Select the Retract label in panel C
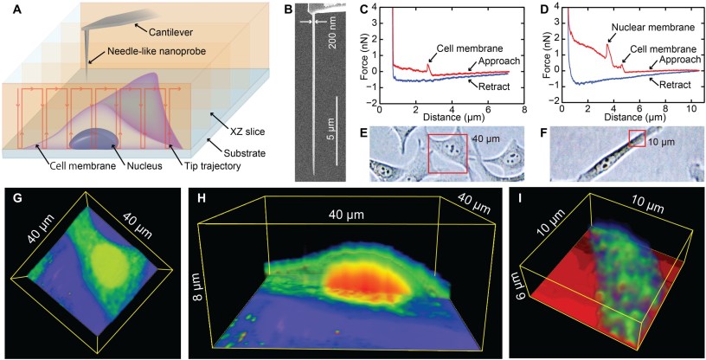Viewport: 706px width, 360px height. click(x=488, y=86)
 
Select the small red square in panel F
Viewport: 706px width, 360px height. click(x=637, y=138)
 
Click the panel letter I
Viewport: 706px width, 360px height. click(x=517, y=197)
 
